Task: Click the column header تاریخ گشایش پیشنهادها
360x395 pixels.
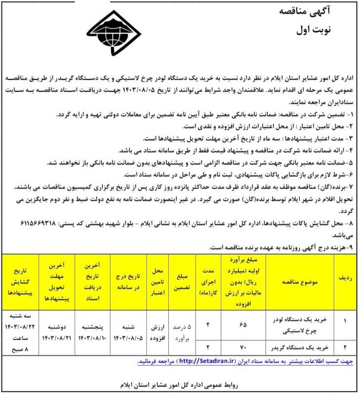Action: [21, 279]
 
